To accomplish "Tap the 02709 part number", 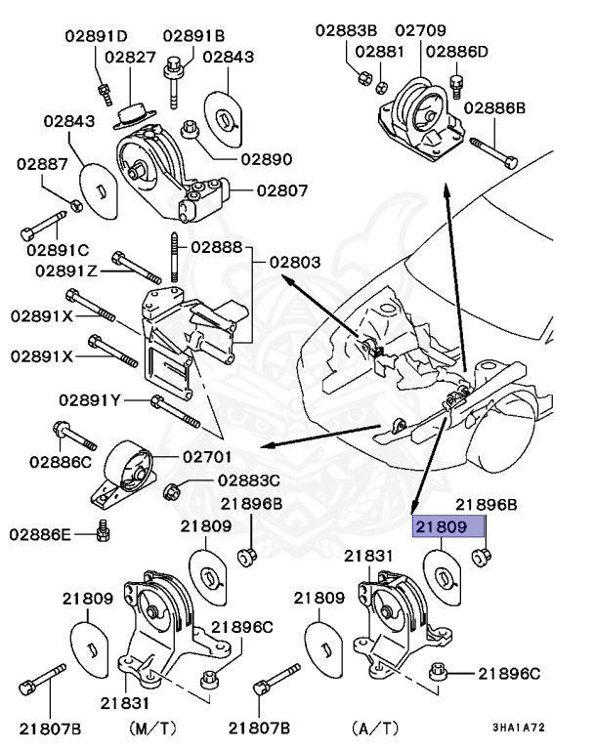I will (417, 31).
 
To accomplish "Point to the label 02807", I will (256, 190).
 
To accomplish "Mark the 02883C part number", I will (248, 480).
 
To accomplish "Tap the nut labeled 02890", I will (191, 129).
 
